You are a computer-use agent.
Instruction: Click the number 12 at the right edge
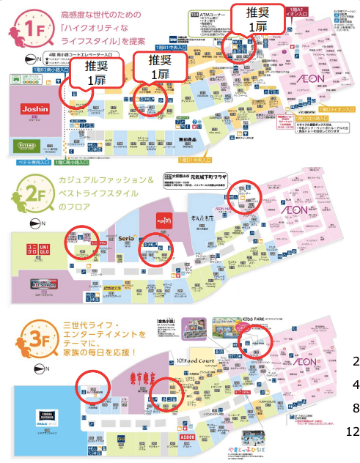click(x=351, y=431)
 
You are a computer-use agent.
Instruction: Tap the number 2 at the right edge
click(x=355, y=360)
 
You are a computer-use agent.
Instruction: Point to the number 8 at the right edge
click(x=355, y=407)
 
